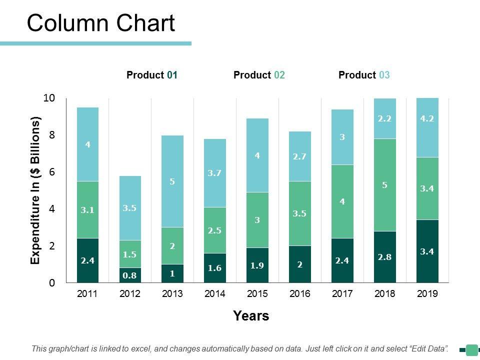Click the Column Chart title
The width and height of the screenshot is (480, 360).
(101, 23)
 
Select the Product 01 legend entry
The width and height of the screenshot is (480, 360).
(152, 75)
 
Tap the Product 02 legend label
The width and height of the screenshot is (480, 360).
(259, 75)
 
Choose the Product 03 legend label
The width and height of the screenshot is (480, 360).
(364, 75)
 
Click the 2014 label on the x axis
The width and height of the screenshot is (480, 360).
(214, 294)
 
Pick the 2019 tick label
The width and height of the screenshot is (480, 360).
(427, 294)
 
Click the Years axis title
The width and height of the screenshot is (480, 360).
(251, 316)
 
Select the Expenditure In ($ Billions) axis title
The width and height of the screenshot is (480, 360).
(35, 190)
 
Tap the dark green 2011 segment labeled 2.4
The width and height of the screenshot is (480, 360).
(88, 260)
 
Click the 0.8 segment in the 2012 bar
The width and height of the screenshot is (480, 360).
(130, 275)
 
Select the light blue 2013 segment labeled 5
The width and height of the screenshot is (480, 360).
(172, 181)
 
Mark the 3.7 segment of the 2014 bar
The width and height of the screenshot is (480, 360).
(215, 173)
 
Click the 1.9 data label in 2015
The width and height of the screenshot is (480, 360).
(257, 265)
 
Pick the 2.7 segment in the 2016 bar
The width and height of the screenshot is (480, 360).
(299, 156)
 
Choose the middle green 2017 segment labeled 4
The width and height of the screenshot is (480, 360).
(342, 201)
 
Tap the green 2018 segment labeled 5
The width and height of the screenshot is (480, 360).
(385, 185)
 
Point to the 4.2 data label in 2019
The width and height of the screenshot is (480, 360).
(426, 119)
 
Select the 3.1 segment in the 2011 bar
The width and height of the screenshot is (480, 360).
(88, 210)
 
